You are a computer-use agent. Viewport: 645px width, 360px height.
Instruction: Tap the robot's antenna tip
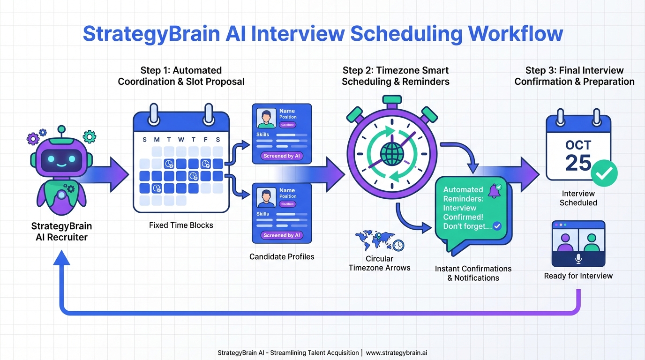(x=60, y=128)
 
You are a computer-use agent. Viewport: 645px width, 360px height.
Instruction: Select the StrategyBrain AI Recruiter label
(x=61, y=232)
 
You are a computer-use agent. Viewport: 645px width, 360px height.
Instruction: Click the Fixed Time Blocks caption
(x=181, y=225)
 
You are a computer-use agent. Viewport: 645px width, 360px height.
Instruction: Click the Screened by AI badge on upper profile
(x=282, y=156)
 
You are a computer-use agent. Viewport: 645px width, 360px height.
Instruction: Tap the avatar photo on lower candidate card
(x=267, y=198)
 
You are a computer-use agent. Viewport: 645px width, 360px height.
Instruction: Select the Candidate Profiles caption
(x=282, y=257)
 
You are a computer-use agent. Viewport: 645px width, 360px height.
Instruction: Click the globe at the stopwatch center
(x=390, y=153)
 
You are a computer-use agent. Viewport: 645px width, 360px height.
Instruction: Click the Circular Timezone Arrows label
(x=379, y=263)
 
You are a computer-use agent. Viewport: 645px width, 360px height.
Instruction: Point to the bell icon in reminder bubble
(x=494, y=190)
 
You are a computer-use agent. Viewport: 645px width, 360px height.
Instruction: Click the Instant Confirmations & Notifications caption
(x=473, y=273)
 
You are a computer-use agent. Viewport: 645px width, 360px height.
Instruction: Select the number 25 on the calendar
(x=578, y=163)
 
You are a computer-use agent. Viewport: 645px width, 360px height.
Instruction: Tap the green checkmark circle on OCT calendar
(x=604, y=173)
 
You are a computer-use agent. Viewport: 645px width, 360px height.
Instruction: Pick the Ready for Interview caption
(x=578, y=276)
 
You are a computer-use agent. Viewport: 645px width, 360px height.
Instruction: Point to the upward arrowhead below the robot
(x=62, y=257)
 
